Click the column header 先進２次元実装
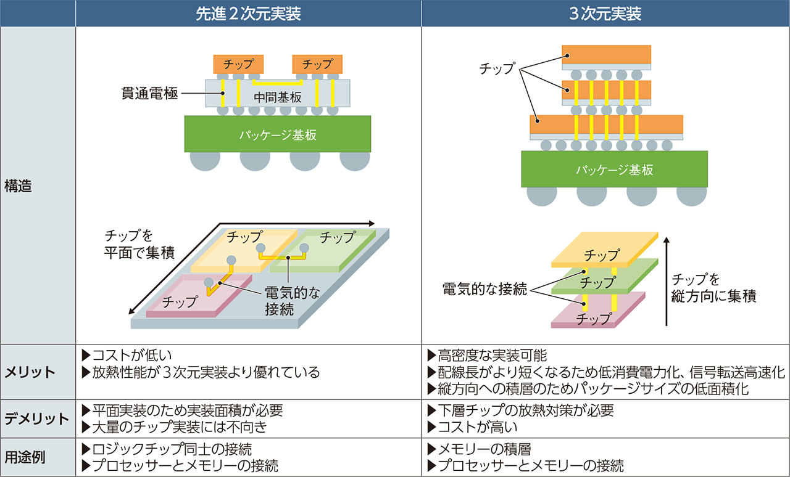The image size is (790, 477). tap(248, 14)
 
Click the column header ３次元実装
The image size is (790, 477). tap(605, 14)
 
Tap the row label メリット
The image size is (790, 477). tap(30, 372)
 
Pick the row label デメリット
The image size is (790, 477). tap(37, 419)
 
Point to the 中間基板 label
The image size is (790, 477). tap(277, 97)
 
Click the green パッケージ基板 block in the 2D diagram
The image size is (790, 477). tap(278, 135)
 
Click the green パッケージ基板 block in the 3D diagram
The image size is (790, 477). tap(613, 170)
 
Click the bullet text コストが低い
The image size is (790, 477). tap(131, 355)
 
